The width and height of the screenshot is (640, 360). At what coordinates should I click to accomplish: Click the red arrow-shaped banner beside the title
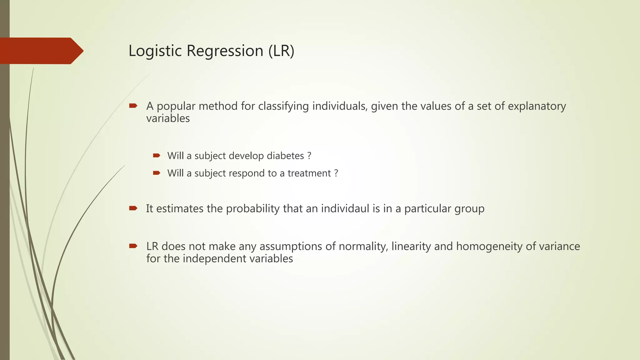[x=41, y=51]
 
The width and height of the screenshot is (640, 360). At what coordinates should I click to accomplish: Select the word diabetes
[x=285, y=156]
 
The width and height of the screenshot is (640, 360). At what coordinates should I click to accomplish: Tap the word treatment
[x=309, y=173]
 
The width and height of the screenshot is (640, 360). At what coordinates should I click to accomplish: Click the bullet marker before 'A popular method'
[x=133, y=106]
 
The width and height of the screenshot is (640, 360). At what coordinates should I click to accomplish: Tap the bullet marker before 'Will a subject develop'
[x=157, y=155]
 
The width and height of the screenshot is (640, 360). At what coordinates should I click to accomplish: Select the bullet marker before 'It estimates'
[x=133, y=208]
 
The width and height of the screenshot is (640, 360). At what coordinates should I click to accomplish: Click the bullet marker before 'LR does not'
[x=133, y=246]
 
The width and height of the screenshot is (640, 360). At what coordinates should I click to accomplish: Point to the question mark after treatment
[x=336, y=173]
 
